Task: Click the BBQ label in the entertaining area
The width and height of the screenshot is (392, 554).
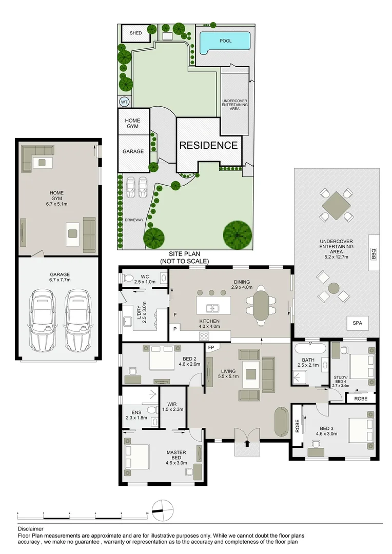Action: click(374, 253)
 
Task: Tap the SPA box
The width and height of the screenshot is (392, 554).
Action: click(357, 323)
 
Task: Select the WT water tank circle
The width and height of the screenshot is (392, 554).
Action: click(124, 102)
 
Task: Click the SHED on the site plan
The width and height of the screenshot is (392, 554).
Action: click(135, 33)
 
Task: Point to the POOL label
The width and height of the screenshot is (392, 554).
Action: click(225, 41)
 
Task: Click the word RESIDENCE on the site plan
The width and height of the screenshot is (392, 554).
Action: click(208, 145)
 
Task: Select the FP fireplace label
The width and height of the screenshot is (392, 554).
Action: click(211, 347)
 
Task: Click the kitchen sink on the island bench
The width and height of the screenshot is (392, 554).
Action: click(212, 308)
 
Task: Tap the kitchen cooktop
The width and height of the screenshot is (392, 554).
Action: click(204, 336)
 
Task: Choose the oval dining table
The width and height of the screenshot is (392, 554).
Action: click(261, 306)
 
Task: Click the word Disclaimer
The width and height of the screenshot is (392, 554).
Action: click(30, 528)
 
